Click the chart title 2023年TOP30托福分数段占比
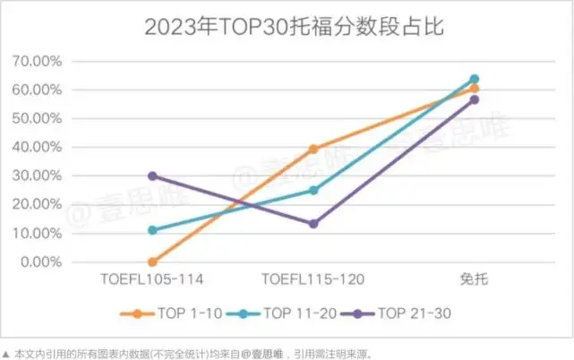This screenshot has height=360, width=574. coord(295,26)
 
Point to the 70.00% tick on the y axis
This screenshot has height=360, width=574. coord(37,61)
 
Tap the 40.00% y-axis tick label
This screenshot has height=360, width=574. coord(37,147)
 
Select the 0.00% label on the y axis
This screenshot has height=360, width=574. coord(41,262)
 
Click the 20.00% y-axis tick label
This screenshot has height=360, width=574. coord(37,205)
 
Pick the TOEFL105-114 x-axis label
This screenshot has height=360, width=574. coord(151,279)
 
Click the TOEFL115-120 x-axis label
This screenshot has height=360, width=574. coord(313,279)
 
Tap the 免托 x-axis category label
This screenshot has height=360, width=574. coord(474,279)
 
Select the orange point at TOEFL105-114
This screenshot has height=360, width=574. coord(152,262)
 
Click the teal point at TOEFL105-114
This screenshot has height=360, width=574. coord(152,230)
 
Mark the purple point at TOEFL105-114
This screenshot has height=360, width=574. coord(152,176)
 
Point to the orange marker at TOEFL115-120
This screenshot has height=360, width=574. coord(313,149)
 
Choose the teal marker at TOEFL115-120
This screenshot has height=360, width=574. coord(313,191)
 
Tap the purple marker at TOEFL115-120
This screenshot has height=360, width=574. coord(313,224)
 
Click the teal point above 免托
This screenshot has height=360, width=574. coord(475,79)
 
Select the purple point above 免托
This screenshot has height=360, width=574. coord(475,99)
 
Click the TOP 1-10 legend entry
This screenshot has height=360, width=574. coord(171,313)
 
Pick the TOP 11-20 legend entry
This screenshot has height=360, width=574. coord(281,313)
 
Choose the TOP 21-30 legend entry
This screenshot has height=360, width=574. coord(396,313)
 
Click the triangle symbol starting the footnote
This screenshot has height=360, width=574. coord(5,355)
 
